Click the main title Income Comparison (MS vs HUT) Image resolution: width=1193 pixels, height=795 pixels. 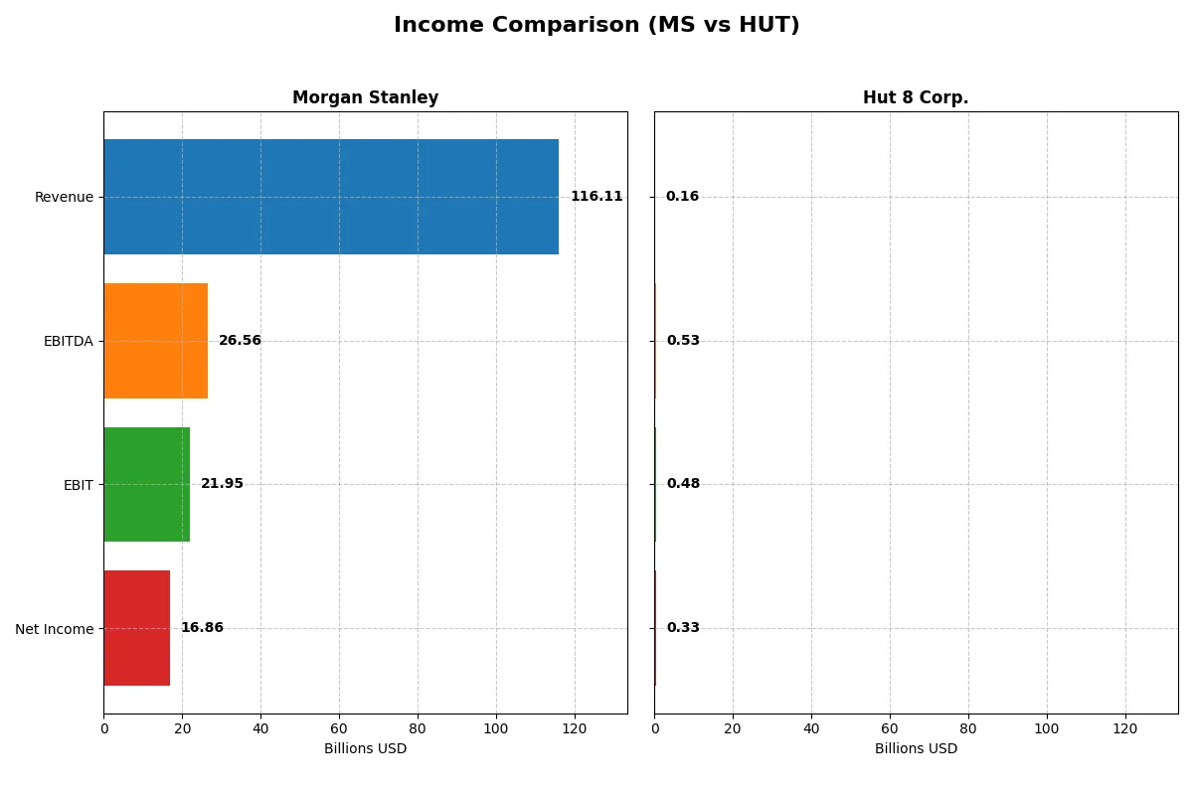tap(596, 26)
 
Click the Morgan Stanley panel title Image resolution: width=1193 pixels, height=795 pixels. tap(365, 98)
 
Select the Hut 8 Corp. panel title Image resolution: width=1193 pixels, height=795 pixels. tap(916, 98)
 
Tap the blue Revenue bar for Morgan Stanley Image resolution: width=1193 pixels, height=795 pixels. tap(331, 197)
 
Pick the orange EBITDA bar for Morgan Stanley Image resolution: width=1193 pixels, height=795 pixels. tap(156, 341)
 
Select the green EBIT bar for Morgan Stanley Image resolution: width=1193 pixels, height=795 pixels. tap(147, 485)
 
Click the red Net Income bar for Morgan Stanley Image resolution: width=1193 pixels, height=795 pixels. tap(137, 628)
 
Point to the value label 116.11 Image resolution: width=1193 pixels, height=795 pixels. tap(596, 197)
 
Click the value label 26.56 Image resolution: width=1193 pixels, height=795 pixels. tap(240, 341)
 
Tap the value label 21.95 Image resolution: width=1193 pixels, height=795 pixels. tap(222, 484)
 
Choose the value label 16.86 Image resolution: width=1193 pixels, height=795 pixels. tap(202, 628)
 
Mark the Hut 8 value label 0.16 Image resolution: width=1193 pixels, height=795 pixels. tap(682, 197)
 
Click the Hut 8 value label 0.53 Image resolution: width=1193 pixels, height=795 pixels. tap(683, 341)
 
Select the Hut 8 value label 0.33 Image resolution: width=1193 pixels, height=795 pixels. tap(683, 628)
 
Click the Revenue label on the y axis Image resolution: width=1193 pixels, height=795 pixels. tap(64, 197)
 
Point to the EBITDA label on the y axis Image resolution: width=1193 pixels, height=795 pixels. tap(68, 341)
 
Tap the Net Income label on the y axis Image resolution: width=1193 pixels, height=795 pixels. tap(55, 629)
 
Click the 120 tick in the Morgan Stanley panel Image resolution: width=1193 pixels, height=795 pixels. tap(574, 728)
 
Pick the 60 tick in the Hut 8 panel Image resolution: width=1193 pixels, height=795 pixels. tap(890, 728)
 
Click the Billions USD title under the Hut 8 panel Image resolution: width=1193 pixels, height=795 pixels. tap(916, 749)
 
